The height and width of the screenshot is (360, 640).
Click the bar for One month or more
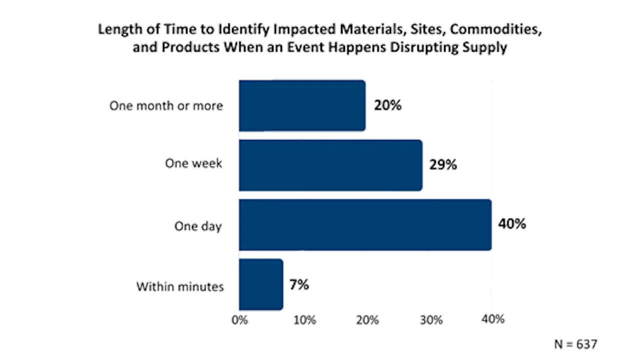click(302, 105)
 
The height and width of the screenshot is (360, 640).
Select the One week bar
click(331, 165)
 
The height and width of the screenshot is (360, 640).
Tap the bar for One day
click(365, 225)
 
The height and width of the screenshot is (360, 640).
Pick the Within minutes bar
click(261, 284)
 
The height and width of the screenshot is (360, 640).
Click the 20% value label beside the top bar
click(387, 105)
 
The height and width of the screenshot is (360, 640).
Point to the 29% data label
click(443, 164)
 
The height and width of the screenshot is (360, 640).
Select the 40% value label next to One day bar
click(512, 223)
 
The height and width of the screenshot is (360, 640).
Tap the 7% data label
click(299, 284)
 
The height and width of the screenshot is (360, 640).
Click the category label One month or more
click(166, 105)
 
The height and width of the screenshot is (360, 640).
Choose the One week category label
click(193, 163)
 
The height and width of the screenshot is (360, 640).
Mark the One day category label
click(198, 226)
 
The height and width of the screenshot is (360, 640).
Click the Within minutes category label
click(180, 286)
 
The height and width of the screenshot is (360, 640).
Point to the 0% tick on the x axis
click(239, 320)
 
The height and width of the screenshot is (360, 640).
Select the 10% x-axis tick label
click(305, 320)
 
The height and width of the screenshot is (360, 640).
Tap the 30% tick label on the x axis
click(431, 320)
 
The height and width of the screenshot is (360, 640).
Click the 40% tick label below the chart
click(493, 319)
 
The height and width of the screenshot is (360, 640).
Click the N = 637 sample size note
click(575, 344)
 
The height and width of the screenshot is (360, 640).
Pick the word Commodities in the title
click(496, 29)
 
